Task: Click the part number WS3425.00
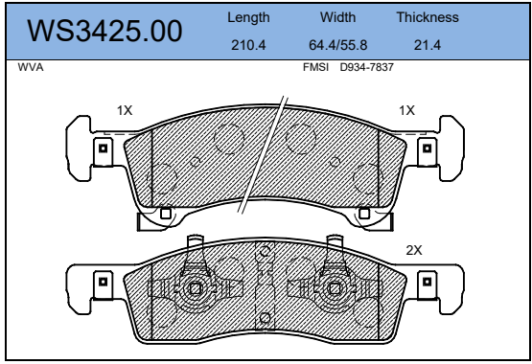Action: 104,31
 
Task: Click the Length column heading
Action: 248,17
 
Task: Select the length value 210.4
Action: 248,45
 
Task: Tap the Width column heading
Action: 338,17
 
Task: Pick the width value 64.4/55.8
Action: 338,45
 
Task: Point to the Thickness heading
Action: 428,17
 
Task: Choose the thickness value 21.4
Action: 428,45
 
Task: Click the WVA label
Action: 31,67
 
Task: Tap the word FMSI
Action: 315,67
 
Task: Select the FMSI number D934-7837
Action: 367,67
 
